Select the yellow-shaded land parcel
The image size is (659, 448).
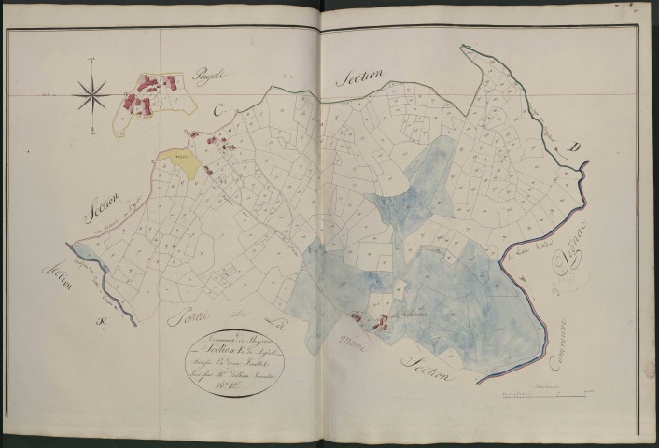pos(179,162)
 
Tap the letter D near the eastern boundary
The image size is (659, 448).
pos(577,148)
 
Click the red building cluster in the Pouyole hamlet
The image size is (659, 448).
pos(149,91)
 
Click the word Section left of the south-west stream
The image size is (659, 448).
pos(55,276)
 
